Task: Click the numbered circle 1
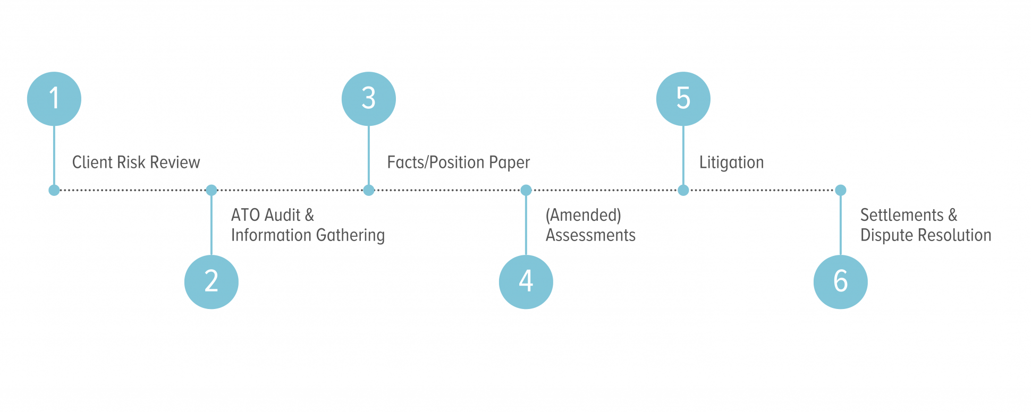coord(54,99)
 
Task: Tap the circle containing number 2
coord(212,281)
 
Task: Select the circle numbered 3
coord(369,99)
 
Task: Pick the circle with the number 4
coord(526,281)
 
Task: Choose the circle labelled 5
coord(683,99)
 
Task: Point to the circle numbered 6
coord(841,281)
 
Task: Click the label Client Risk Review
coord(136,162)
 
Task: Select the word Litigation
coord(731,162)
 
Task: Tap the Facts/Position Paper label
coord(458,162)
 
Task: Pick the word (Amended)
coord(583,215)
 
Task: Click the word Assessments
coord(590,235)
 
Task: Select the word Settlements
coord(902,215)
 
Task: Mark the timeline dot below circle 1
coord(54,190)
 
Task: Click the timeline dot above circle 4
coord(526,190)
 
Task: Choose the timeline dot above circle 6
coord(841,190)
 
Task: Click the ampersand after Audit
coord(309,215)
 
